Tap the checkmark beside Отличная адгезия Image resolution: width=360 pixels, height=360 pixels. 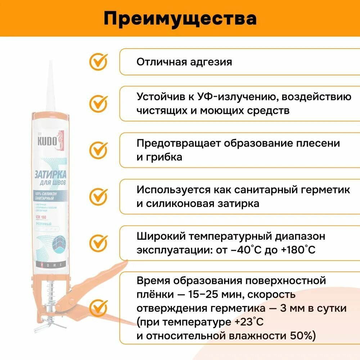click(98, 62)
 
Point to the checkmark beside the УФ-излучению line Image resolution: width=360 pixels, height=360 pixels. click(98, 103)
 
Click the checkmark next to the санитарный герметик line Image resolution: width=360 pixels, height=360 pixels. click(98, 196)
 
